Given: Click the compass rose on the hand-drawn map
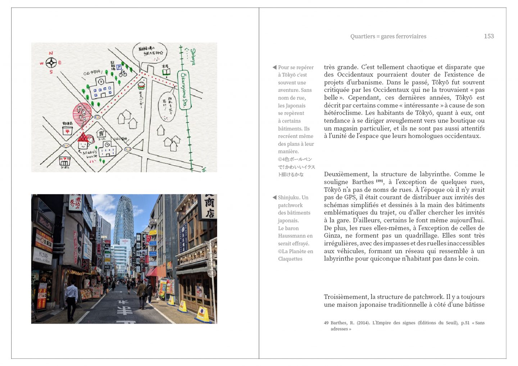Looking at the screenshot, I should tap(51, 63).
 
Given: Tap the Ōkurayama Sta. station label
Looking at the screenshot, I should tap(184, 90).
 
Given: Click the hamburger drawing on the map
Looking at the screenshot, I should tap(141, 86).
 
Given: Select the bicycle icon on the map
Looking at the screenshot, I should tap(123, 73).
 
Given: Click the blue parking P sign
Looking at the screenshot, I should tap(119, 67).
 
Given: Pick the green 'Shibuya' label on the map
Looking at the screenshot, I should tap(193, 56).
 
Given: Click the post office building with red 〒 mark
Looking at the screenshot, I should tap(67, 130).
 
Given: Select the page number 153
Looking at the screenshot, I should tap(489, 36).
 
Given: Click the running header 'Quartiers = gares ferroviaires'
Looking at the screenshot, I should tap(388, 36).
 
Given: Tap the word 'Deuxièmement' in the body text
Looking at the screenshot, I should tap(346, 174).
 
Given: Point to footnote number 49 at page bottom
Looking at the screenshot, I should tap(326, 323).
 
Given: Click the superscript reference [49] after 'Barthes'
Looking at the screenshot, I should tap(380, 181).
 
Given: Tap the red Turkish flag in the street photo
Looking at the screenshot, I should tap(147, 238).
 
